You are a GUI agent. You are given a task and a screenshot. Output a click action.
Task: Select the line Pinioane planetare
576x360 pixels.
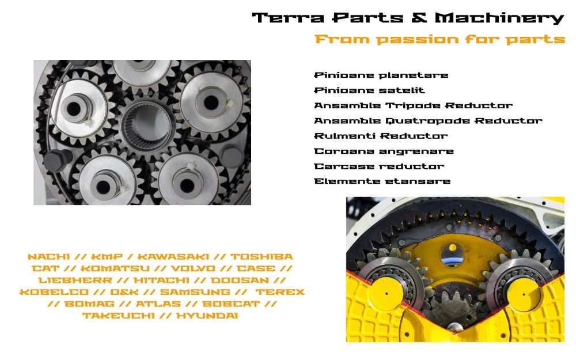click(381, 75)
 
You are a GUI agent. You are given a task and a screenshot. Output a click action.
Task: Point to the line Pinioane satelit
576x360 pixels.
click(369, 90)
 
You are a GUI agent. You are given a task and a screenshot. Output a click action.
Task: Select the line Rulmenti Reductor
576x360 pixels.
click(380, 136)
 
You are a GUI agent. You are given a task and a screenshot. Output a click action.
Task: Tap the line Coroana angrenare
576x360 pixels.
click(384, 151)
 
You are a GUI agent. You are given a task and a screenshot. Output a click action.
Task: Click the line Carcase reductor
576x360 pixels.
click(379, 166)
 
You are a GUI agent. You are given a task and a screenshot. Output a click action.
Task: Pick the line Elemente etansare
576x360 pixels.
click(382, 181)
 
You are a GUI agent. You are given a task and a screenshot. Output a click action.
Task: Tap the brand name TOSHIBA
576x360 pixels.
click(262, 257)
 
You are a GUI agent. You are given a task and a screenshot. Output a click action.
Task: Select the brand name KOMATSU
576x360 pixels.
click(108, 269)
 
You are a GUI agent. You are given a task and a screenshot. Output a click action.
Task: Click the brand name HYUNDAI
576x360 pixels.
click(207, 316)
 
